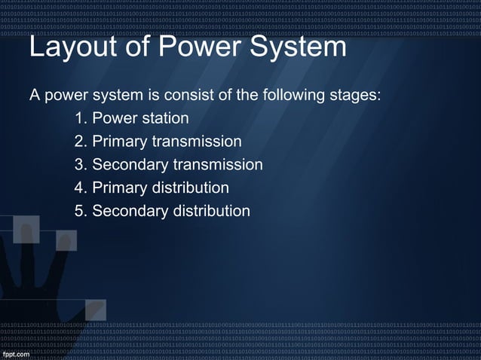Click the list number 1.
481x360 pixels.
tap(80, 119)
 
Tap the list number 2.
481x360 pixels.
tap(80, 142)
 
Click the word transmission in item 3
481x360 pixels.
tap(218, 165)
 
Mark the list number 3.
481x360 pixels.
tap(80, 165)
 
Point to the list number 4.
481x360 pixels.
tap(80, 188)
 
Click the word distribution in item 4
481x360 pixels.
tap(191, 188)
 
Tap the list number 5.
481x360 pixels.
tap(80, 211)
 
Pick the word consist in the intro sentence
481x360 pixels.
tap(185, 96)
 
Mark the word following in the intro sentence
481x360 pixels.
tap(289, 97)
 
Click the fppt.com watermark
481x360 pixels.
tap(18, 352)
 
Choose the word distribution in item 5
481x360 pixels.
tap(212, 211)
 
